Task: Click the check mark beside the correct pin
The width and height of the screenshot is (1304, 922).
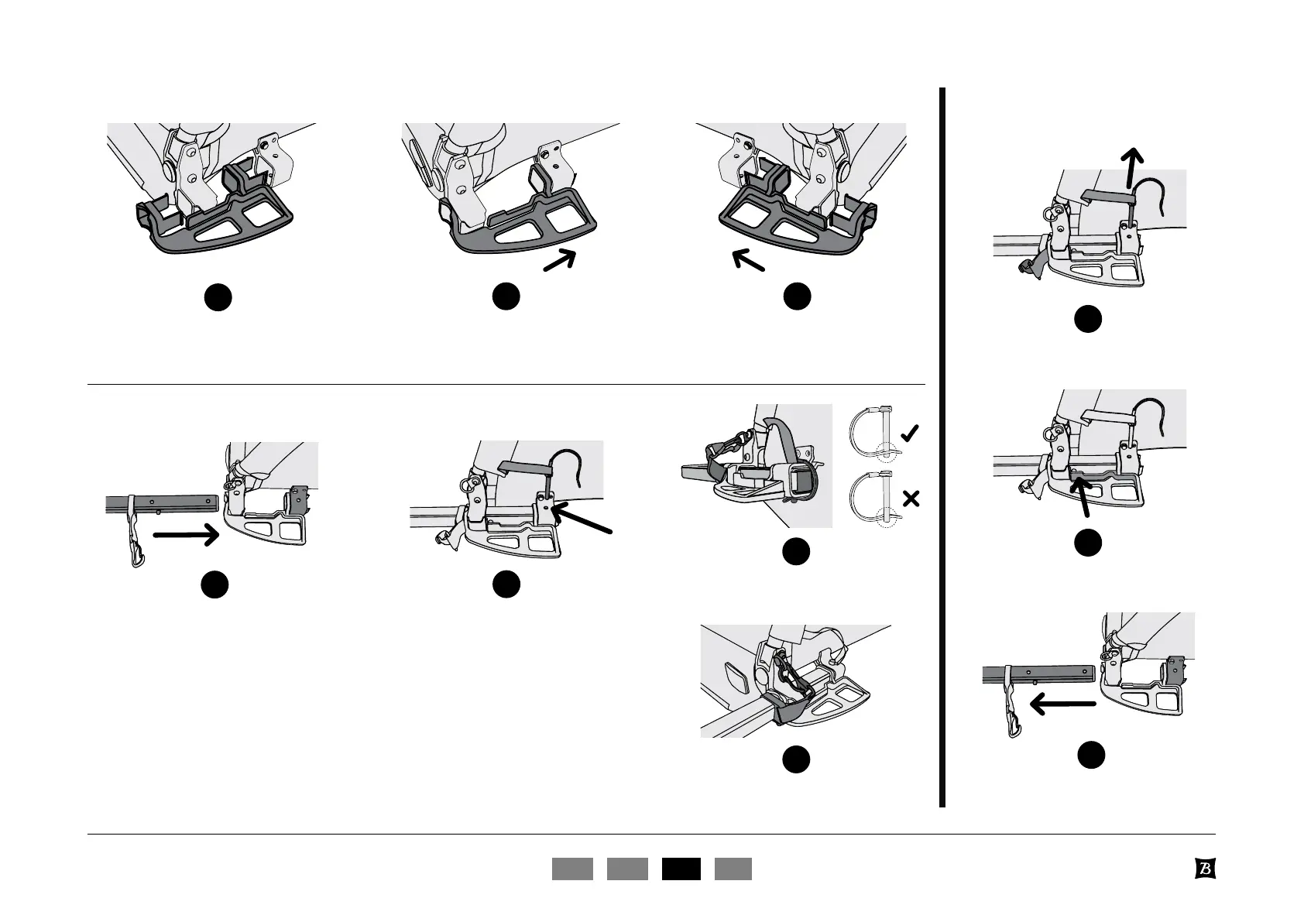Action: point(911,434)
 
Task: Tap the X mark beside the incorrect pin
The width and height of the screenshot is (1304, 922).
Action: point(911,499)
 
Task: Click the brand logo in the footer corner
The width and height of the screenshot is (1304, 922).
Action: point(1204,869)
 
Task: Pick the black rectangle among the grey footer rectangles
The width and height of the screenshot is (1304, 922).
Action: point(681,869)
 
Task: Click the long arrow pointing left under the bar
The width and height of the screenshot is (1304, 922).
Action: point(1062,704)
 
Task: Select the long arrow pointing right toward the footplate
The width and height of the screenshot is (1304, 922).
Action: point(186,534)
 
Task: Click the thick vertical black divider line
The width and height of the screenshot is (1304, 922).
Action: point(942,447)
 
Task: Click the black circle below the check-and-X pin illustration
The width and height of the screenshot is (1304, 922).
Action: point(795,551)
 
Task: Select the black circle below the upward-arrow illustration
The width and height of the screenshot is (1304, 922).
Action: point(1088,319)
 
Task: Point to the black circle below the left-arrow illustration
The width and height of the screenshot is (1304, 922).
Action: point(1091,755)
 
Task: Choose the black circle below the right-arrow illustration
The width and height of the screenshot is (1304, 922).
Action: point(215,584)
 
